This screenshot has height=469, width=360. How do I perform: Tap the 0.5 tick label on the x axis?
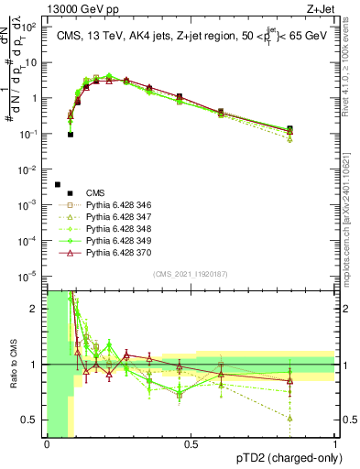[191, 444]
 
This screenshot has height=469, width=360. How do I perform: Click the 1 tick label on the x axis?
[335, 444]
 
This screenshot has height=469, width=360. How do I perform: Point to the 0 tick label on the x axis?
[47, 444]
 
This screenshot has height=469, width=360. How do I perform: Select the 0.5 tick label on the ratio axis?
[30, 420]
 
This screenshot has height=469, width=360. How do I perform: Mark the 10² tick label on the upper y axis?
[30, 27]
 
